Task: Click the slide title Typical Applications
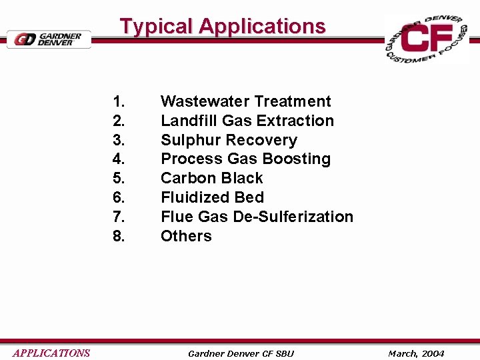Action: [223, 26]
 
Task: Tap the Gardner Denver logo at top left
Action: [48, 39]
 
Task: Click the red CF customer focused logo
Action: [427, 39]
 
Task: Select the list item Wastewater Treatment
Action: [245, 101]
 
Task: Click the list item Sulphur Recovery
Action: [229, 140]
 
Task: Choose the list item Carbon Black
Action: [212, 178]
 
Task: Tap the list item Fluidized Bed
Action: [212, 197]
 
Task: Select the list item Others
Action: [186, 236]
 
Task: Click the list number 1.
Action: [119, 102]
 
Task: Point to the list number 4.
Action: [119, 159]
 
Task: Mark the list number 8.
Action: [119, 236]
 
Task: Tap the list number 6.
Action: [119, 198]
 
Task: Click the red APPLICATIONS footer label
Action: [51, 353]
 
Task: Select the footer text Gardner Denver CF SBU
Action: [241, 353]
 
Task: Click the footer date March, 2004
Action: [416, 353]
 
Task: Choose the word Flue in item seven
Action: [175, 217]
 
